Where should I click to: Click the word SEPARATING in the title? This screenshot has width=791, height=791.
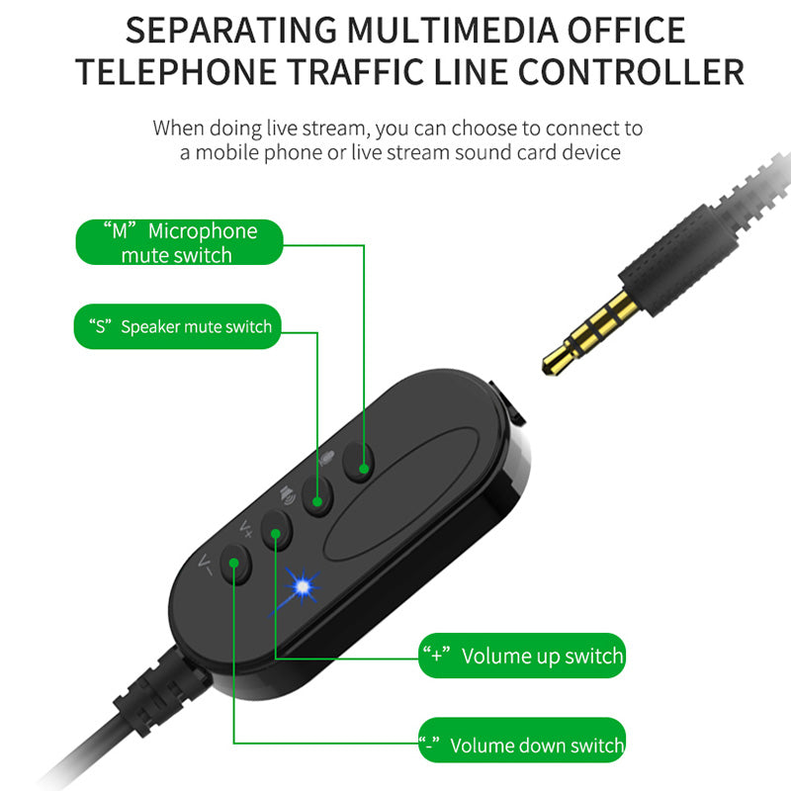231,31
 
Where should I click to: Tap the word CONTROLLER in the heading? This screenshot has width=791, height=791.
631,72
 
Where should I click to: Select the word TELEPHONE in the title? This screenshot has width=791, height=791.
176,72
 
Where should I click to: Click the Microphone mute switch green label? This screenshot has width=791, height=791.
179,242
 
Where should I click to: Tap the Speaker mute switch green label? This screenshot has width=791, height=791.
178,326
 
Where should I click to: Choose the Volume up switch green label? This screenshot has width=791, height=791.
522,656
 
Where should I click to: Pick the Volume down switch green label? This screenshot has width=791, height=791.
522,740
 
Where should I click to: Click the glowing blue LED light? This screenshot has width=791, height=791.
303,586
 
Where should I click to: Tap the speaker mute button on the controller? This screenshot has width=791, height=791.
317,496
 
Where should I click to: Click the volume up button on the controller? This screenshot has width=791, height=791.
277,530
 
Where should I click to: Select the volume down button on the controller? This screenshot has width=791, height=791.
235,565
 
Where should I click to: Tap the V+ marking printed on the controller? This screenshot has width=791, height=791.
246,528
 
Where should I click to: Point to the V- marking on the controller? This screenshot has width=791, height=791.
206,565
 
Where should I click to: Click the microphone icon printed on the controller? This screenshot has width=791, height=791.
327,458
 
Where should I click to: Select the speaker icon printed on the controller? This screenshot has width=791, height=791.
288,494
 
